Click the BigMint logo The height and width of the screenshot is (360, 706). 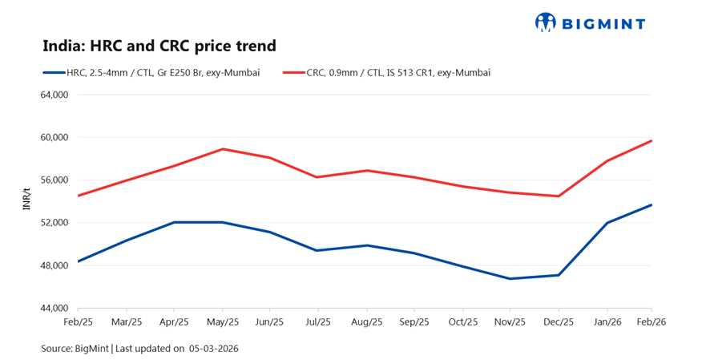[x=590, y=22]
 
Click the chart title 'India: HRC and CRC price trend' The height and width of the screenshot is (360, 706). [x=159, y=46]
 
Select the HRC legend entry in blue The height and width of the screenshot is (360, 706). [x=151, y=73]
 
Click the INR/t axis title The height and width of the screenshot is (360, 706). [x=26, y=200]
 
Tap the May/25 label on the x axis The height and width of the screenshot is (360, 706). [x=222, y=322]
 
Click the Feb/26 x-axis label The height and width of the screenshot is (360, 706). [x=652, y=322]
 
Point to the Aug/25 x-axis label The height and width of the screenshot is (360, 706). [x=366, y=322]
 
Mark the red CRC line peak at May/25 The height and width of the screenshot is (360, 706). [x=222, y=149]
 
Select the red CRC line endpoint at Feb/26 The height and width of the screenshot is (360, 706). [x=652, y=141]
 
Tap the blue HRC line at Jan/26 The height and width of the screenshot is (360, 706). [x=607, y=223]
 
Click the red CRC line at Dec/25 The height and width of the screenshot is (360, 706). [x=559, y=196]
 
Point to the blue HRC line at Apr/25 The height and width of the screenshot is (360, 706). [x=174, y=222]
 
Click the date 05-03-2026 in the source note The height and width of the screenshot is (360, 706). [x=214, y=349]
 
